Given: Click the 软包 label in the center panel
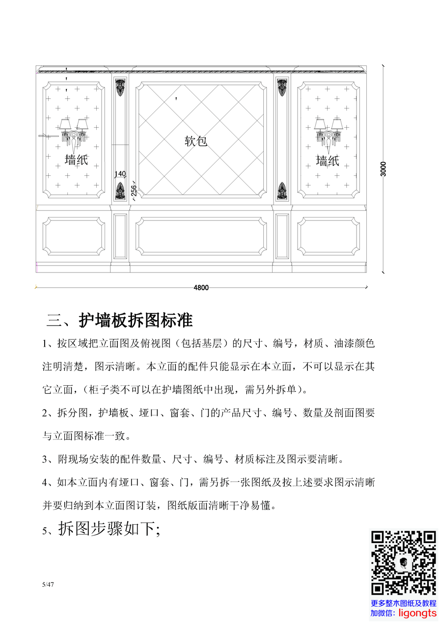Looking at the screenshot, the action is (x=196, y=141).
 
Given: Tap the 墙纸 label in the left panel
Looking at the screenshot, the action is (x=76, y=160).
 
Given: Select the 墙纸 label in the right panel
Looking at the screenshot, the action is (x=327, y=161).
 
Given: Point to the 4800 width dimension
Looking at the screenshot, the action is (x=201, y=288).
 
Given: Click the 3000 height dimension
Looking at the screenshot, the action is (x=384, y=169).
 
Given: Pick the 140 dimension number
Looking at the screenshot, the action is (x=120, y=174).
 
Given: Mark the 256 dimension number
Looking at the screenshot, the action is (x=134, y=190).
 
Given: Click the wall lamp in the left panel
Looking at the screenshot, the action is (x=73, y=135).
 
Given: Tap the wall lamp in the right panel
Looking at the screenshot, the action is (x=329, y=135).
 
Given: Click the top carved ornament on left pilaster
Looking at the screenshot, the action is (x=120, y=87).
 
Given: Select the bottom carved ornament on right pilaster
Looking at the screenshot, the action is (x=282, y=191).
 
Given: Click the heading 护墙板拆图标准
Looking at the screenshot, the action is (x=136, y=320).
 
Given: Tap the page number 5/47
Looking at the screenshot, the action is (x=48, y=585).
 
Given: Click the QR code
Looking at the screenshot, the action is (x=404, y=563).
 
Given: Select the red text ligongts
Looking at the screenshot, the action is (x=417, y=613).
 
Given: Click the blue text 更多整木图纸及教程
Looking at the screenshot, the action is (x=404, y=603).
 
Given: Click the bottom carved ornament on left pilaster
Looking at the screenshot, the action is (x=120, y=191).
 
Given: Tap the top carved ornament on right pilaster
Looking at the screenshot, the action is (x=282, y=87).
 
